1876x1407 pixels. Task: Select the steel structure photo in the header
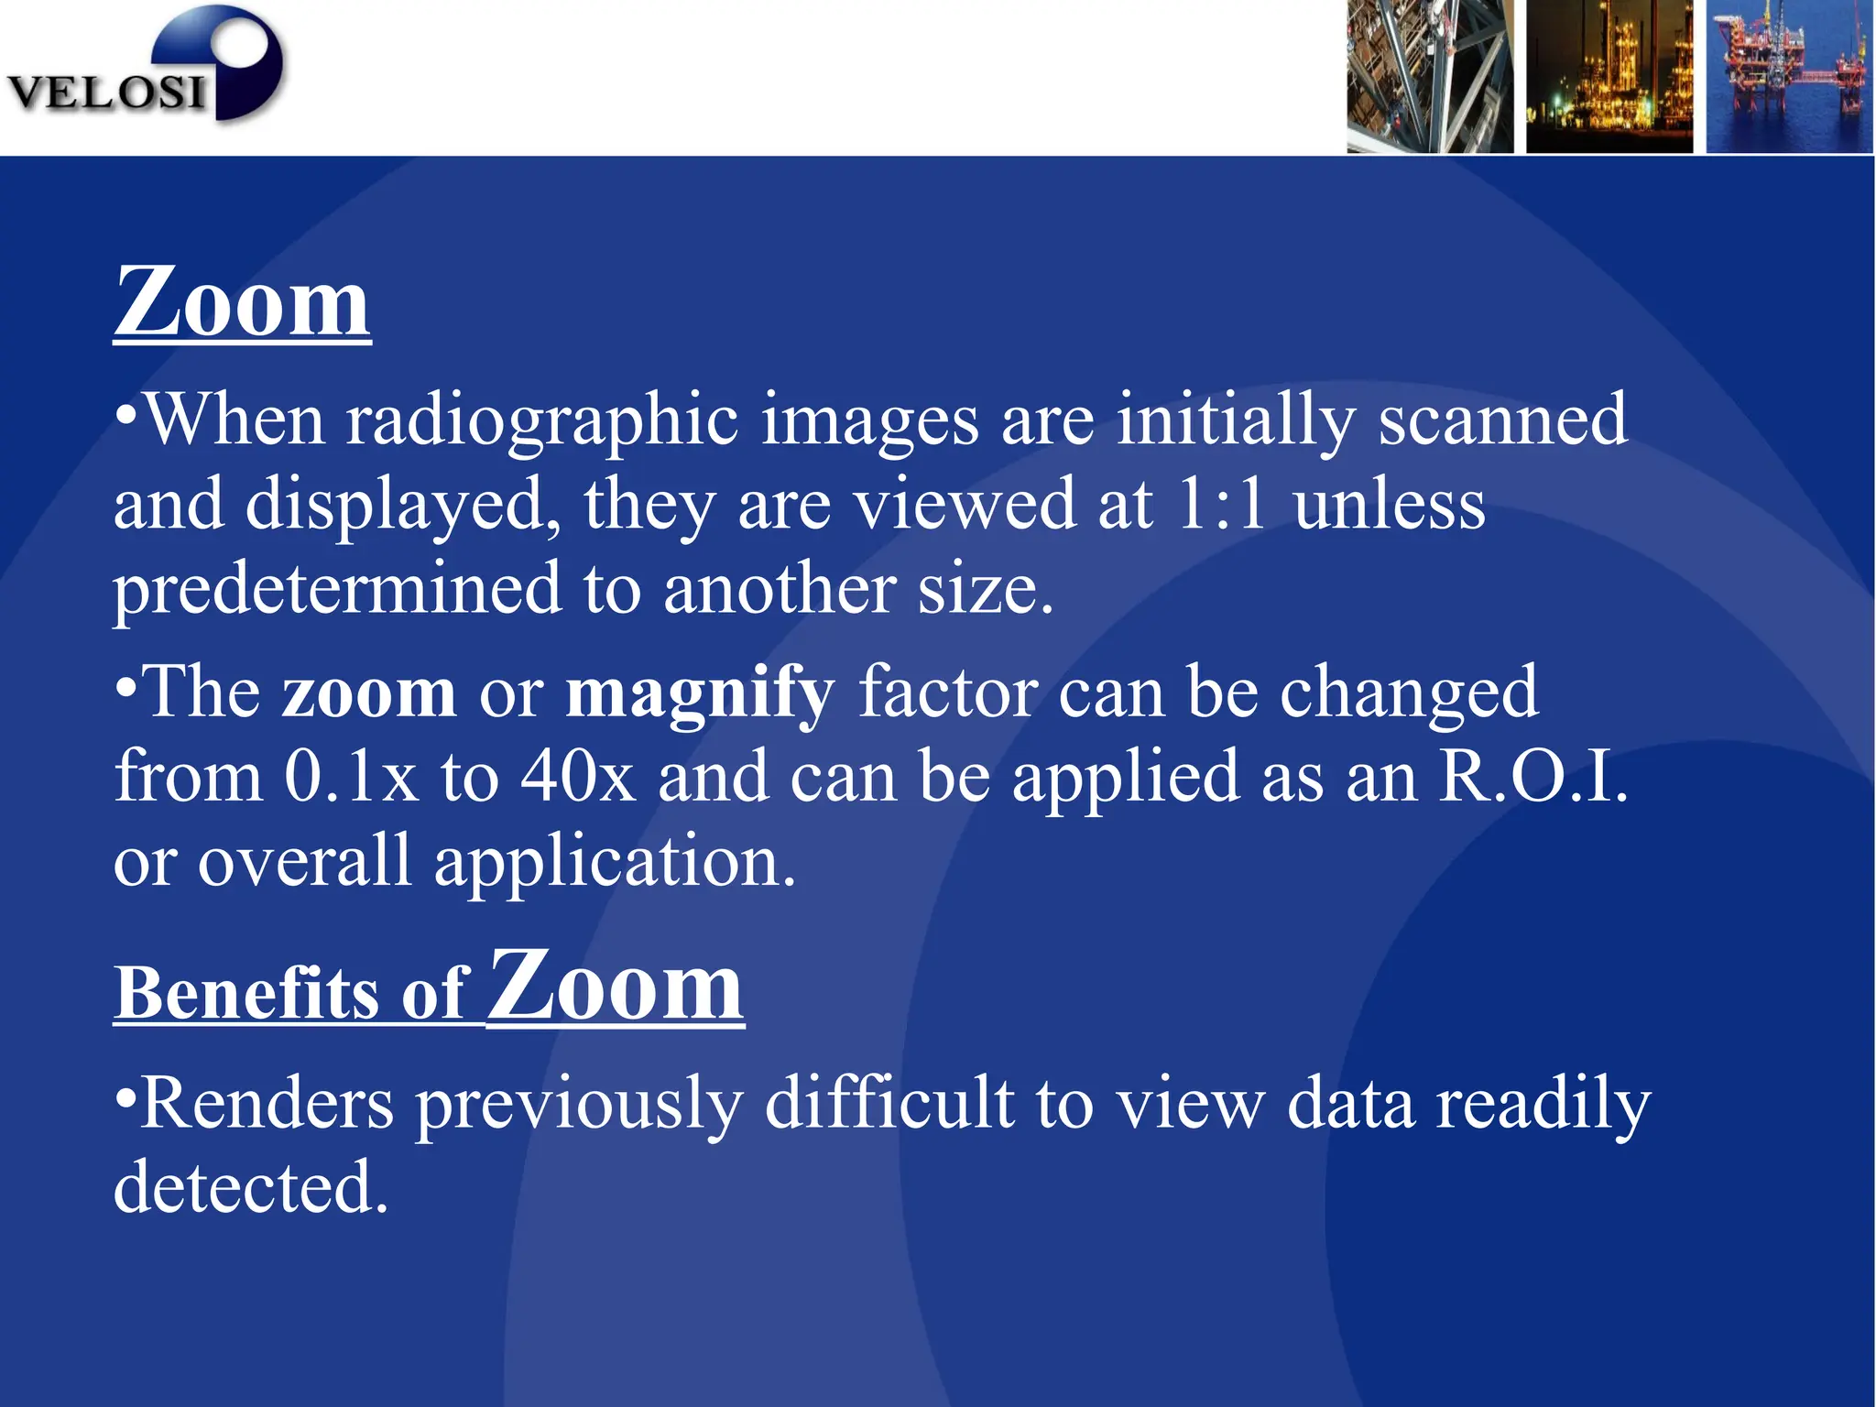pyautogui.click(x=1429, y=76)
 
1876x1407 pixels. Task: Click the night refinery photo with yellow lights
pyautogui.click(x=1609, y=76)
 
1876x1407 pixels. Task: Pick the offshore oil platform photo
pyautogui.click(x=1789, y=76)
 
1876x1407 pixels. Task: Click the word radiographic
pyautogui.click(x=542, y=420)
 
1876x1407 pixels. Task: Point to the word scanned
pyautogui.click(x=1503, y=420)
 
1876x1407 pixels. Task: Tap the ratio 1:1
pyautogui.click(x=1223, y=505)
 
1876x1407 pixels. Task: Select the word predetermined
pyautogui.click(x=337, y=589)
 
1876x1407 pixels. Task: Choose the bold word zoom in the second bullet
pyautogui.click(x=369, y=693)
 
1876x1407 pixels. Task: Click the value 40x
pyautogui.click(x=578, y=778)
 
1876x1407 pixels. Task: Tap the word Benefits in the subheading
pyautogui.click(x=245, y=993)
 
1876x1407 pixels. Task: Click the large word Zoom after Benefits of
pyautogui.click(x=615, y=987)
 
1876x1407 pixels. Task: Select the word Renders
pyautogui.click(x=267, y=1104)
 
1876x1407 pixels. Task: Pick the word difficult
pyautogui.click(x=889, y=1104)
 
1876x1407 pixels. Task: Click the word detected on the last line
pyautogui.click(x=251, y=1188)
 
